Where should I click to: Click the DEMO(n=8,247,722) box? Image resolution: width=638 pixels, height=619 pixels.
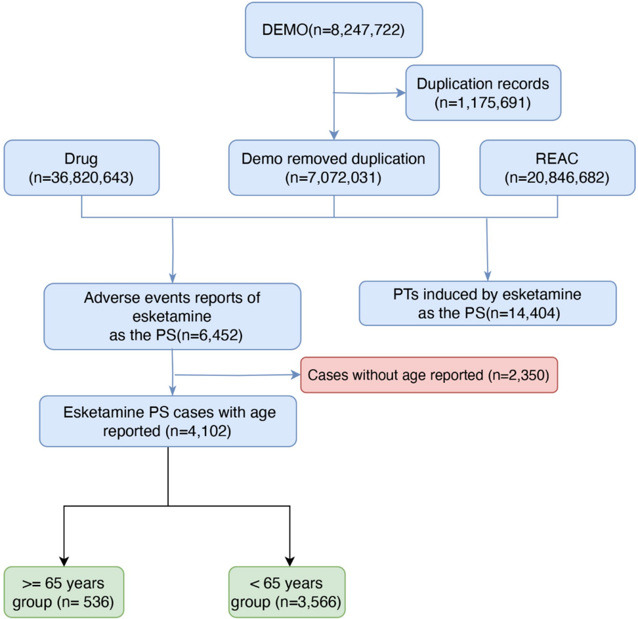pyautogui.click(x=334, y=31)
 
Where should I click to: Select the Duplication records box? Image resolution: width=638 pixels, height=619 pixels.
pyautogui.click(x=483, y=92)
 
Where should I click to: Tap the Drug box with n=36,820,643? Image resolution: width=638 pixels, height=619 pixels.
pyautogui.click(x=81, y=167)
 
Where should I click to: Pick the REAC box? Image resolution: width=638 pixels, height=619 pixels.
pyautogui.click(x=557, y=167)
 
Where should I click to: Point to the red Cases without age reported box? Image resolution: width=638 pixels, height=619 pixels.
pyautogui.click(x=429, y=375)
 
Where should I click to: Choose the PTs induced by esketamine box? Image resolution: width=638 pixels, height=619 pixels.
pyautogui.click(x=488, y=303)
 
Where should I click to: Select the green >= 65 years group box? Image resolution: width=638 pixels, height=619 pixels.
pyautogui.click(x=62, y=593)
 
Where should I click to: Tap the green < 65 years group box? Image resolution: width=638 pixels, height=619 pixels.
pyautogui.click(x=286, y=593)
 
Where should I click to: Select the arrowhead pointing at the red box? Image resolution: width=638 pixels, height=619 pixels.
pyautogui.click(x=295, y=375)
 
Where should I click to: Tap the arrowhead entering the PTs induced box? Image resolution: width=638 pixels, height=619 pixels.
pyautogui.click(x=488, y=277)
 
